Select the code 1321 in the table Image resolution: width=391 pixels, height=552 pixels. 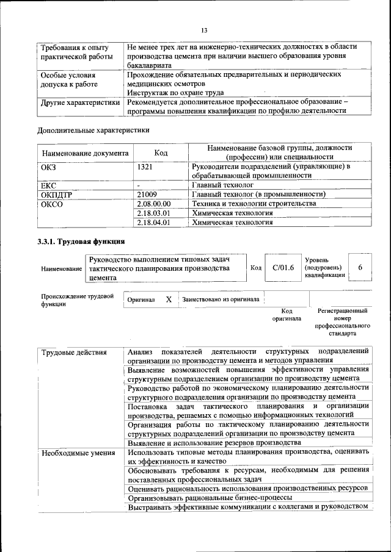[x=145, y=167]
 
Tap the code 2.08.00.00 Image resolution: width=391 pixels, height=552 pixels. [x=154, y=204]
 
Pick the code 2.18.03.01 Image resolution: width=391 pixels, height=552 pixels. [x=154, y=213]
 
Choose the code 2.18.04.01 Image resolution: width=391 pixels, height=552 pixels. [x=154, y=223]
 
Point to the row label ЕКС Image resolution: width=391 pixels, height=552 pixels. [x=48, y=185]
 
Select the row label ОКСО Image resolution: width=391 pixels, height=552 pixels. [x=52, y=204]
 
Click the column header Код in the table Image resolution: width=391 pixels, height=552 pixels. [x=161, y=152]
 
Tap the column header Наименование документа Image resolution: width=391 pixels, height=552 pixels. [x=85, y=152]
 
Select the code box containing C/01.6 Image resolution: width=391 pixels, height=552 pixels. [x=283, y=268]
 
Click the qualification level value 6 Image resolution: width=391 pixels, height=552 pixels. [x=360, y=268]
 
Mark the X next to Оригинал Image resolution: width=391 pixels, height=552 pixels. [x=169, y=300]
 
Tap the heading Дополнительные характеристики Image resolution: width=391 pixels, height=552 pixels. [x=93, y=130]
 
